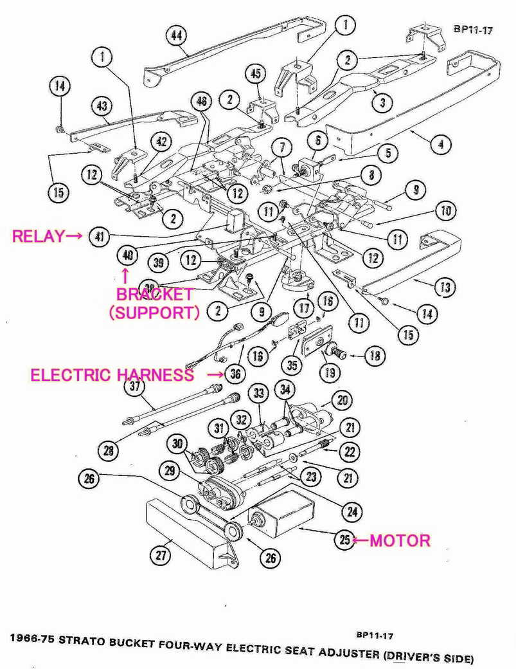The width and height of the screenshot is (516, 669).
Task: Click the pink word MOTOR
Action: [x=400, y=540]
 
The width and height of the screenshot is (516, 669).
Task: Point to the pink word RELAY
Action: [x=39, y=236]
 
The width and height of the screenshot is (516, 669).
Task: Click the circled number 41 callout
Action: [x=99, y=236]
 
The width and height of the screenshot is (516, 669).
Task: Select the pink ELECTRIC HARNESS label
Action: [x=112, y=374]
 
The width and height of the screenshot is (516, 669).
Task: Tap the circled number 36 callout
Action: [x=235, y=374]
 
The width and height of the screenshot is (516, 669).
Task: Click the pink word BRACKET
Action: [x=154, y=295]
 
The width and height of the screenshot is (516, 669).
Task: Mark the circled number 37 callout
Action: [x=135, y=387]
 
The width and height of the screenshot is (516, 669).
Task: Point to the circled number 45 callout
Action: [x=255, y=75]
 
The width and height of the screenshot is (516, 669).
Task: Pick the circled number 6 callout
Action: [x=317, y=140]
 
